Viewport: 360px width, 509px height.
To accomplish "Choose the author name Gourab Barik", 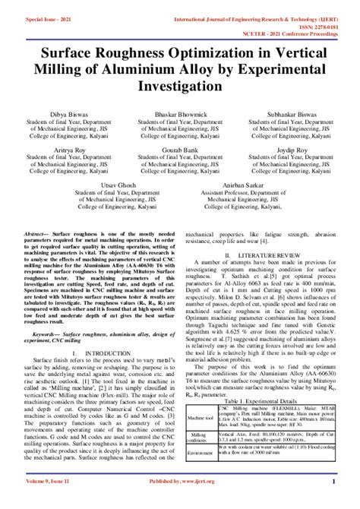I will click(179, 151).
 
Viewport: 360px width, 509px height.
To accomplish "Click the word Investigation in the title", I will click(180, 88).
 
